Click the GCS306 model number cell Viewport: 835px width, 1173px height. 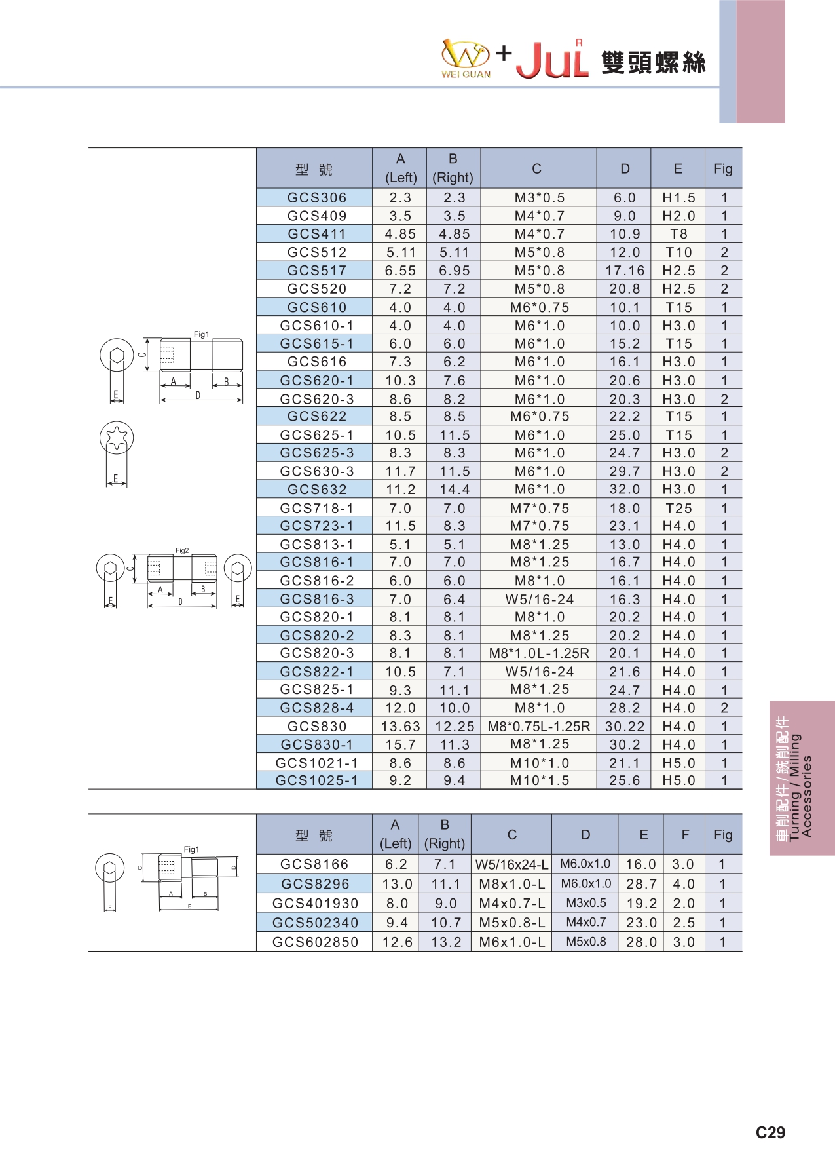[316, 198]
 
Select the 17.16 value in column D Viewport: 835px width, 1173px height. [625, 271]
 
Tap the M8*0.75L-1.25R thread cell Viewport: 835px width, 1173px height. [539, 727]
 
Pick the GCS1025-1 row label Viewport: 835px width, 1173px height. [316, 781]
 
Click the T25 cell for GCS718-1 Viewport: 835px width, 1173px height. [678, 509]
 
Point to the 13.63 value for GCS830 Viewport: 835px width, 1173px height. [400, 727]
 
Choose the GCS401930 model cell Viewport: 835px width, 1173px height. [315, 904]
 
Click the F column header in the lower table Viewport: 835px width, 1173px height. [684, 835]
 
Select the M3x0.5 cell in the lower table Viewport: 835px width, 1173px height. [585, 903]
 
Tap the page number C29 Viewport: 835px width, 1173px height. [770, 1133]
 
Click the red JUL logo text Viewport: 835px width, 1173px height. [552, 61]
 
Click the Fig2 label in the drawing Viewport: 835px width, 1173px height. [182, 551]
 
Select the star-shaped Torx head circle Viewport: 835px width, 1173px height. [117, 438]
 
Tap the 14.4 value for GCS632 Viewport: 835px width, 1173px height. [454, 490]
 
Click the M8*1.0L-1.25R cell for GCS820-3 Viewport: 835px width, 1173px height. [539, 653]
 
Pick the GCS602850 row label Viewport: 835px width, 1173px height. [315, 942]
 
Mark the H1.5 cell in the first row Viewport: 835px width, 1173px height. [678, 198]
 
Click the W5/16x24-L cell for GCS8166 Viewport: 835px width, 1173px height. [511, 865]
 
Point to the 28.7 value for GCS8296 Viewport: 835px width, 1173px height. [641, 884]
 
